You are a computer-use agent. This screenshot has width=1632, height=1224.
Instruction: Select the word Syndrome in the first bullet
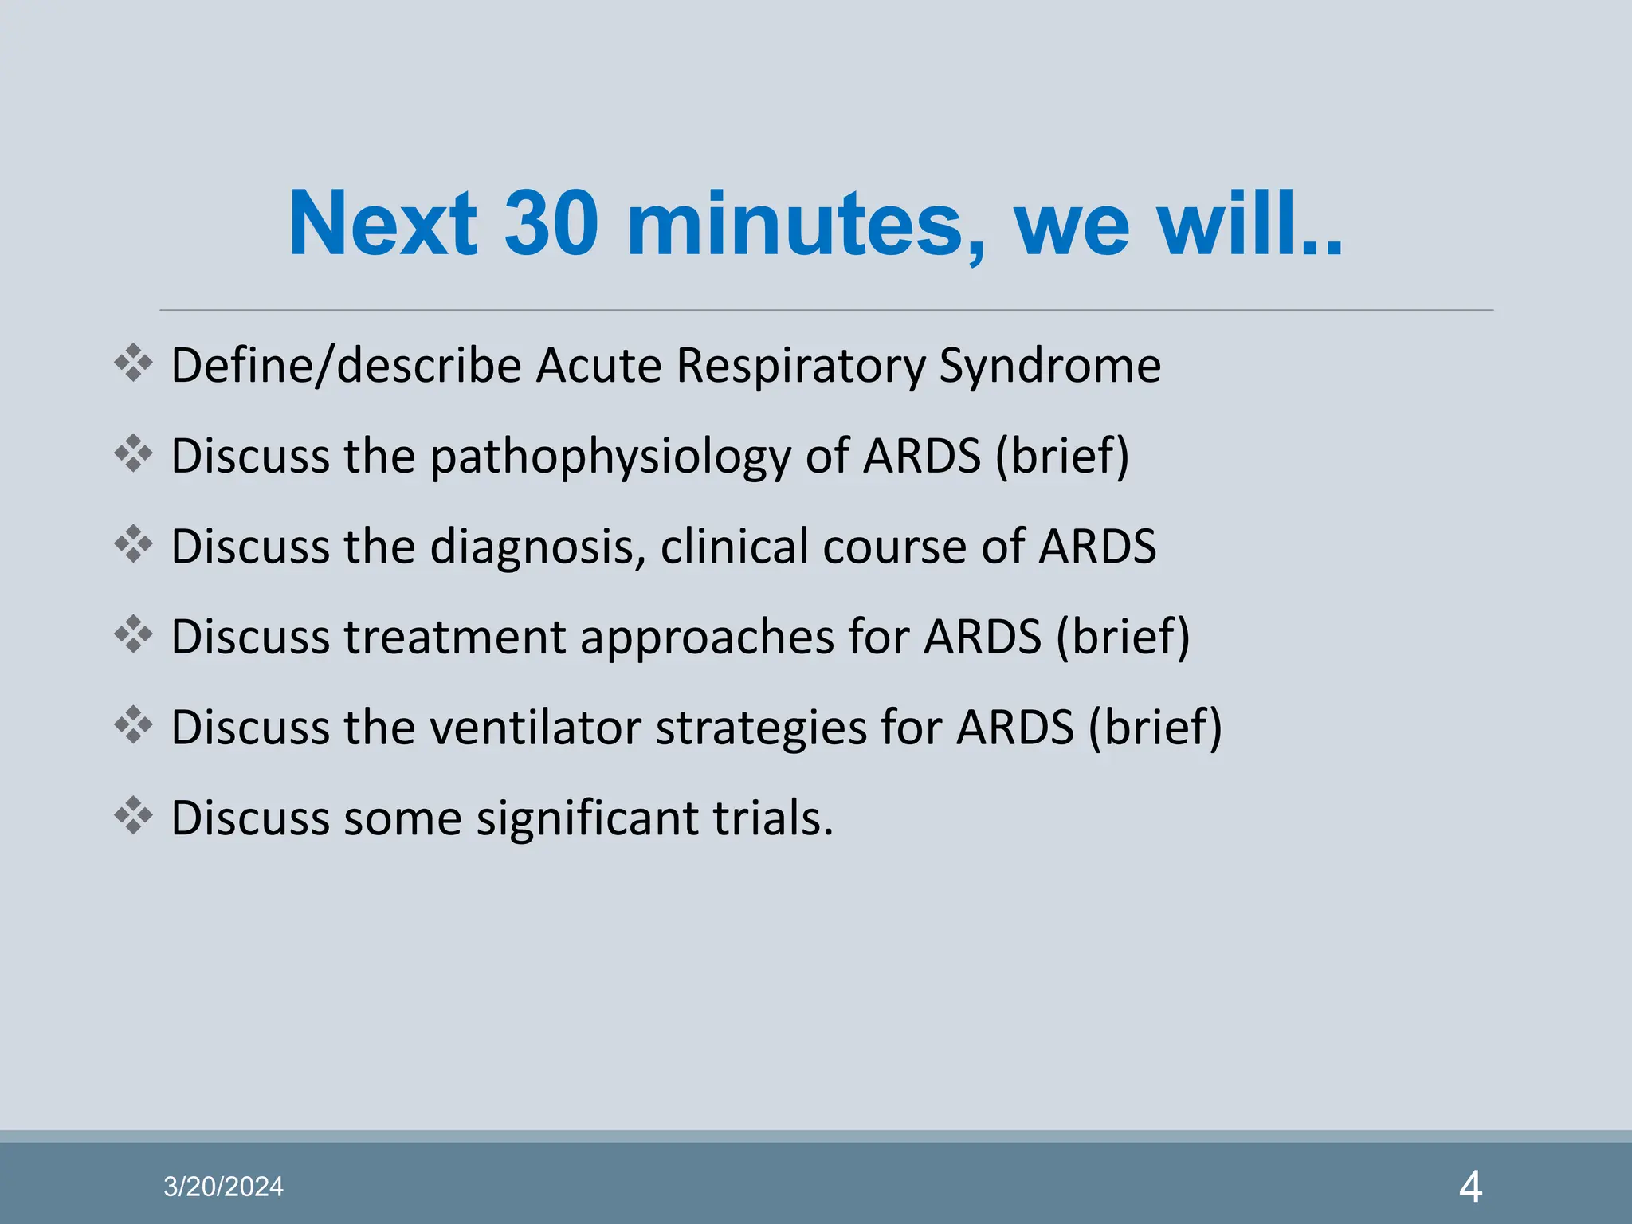1049,367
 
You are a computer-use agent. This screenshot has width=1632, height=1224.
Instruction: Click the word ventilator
536,728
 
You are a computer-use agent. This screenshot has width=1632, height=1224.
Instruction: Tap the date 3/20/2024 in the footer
223,1187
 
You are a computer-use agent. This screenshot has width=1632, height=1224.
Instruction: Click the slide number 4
1470,1187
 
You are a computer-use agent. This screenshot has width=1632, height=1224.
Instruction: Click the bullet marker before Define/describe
133,363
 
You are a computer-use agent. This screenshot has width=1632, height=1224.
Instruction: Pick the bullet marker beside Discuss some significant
133,815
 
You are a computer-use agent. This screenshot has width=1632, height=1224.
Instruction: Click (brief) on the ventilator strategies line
1155,728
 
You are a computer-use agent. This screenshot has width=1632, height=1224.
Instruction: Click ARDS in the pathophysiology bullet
922,457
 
